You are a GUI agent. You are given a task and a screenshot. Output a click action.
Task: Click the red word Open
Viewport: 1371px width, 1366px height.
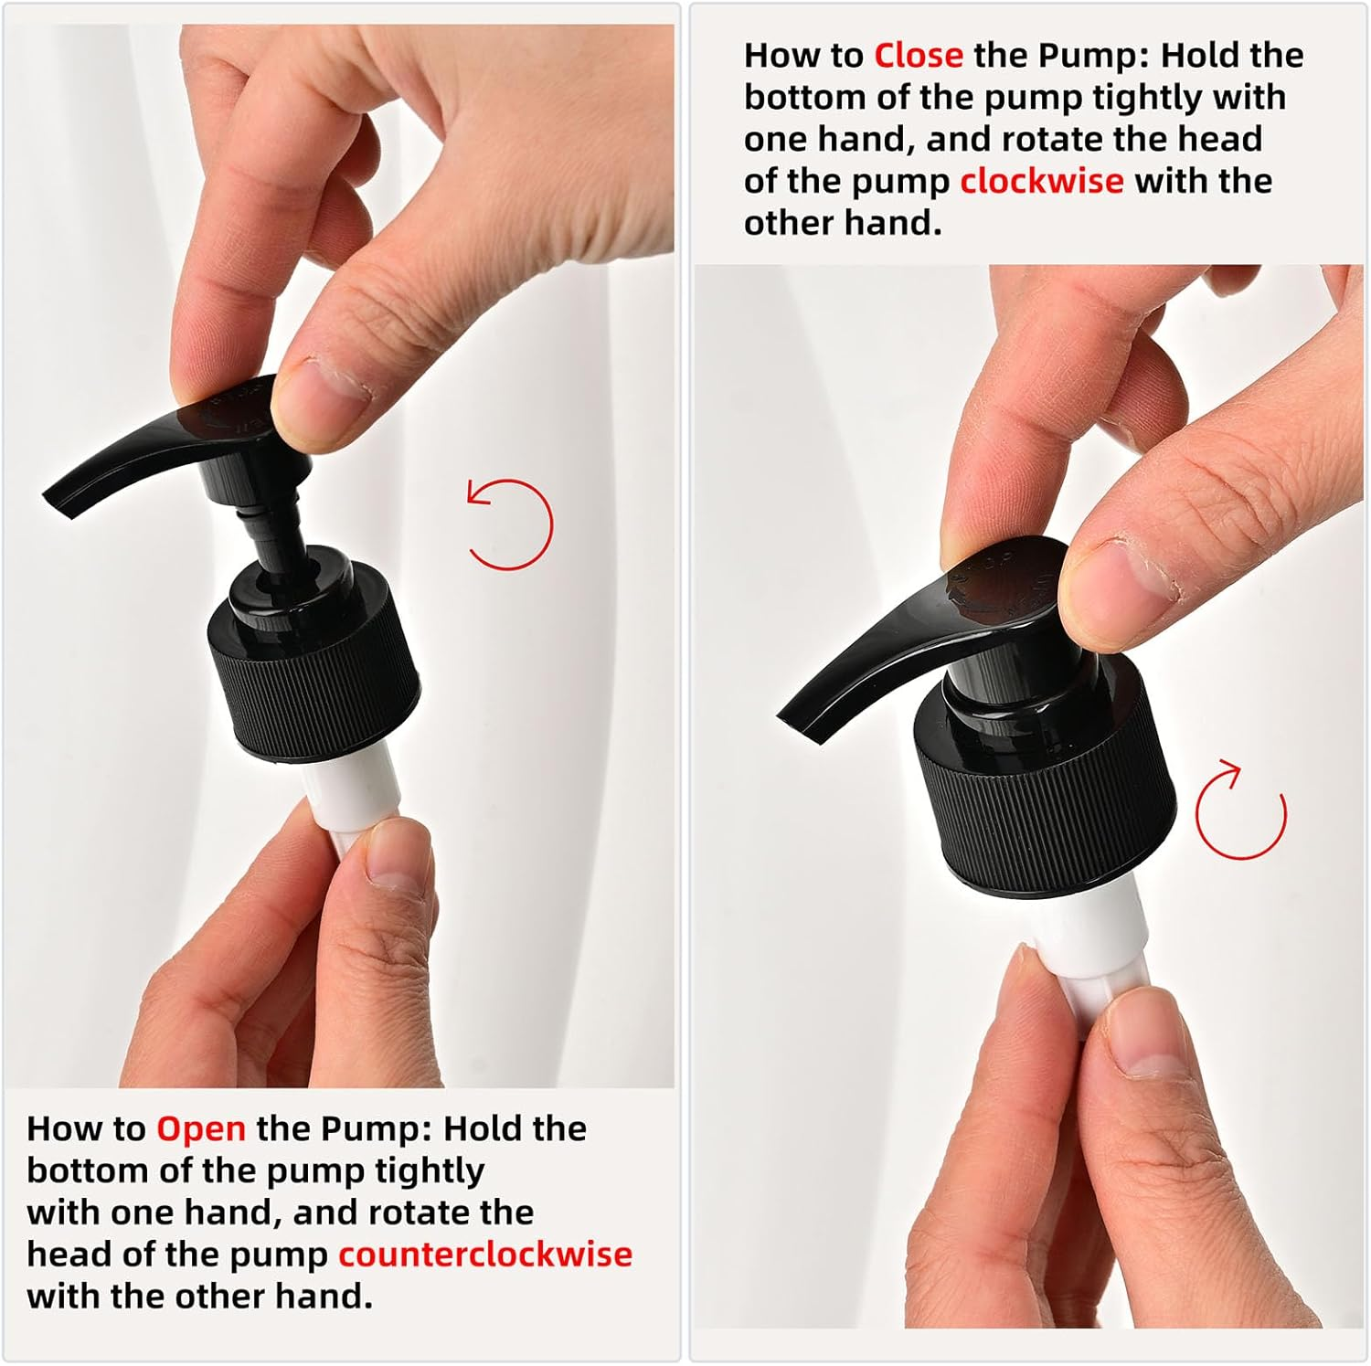point(201,1129)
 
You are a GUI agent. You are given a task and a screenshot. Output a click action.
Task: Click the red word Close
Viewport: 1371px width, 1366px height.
point(919,56)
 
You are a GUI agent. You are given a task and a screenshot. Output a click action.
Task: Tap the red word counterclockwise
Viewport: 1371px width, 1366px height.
point(485,1255)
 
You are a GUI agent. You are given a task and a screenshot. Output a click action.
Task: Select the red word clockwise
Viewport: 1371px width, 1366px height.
point(1042,181)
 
